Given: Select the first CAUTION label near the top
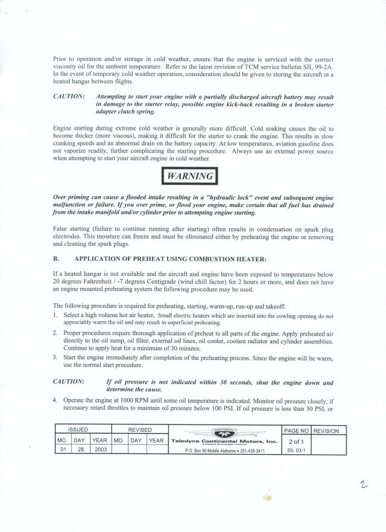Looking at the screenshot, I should pos(69,97).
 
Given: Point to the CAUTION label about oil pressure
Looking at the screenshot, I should pos(69,382).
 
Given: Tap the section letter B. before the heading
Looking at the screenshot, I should pos(55,259).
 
